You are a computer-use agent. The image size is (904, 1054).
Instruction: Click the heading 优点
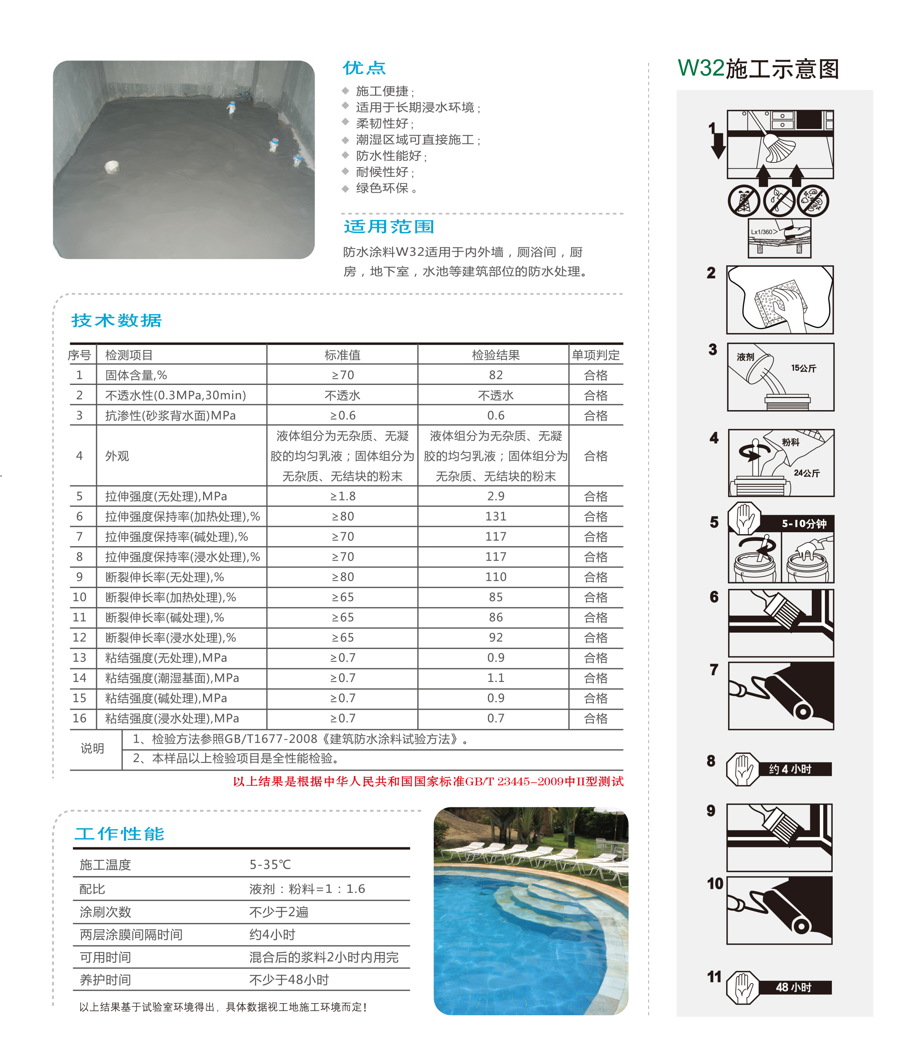click(363, 68)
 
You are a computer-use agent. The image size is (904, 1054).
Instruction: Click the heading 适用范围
click(389, 226)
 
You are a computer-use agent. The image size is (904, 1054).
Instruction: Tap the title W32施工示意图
click(758, 69)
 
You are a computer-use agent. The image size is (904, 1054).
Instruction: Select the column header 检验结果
click(495, 355)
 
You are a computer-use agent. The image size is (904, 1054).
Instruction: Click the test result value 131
click(495, 516)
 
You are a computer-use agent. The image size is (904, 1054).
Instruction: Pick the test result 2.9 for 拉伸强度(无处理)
click(495, 496)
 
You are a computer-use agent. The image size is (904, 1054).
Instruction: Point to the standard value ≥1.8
click(342, 496)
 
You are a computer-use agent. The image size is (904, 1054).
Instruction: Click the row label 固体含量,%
click(136, 375)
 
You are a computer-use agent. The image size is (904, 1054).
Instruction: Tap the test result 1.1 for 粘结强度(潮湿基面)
click(495, 678)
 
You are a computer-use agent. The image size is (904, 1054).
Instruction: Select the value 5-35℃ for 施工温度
click(270, 864)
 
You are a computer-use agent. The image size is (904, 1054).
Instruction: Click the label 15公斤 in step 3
click(803, 368)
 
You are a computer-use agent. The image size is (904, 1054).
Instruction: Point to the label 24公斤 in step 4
click(806, 473)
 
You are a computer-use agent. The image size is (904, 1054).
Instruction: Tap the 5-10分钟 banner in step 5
click(804, 523)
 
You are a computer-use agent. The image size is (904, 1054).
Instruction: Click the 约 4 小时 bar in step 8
click(793, 769)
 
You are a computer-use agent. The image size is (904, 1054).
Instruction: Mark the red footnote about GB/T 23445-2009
click(428, 781)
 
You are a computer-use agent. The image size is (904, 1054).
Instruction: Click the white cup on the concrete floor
click(111, 166)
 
